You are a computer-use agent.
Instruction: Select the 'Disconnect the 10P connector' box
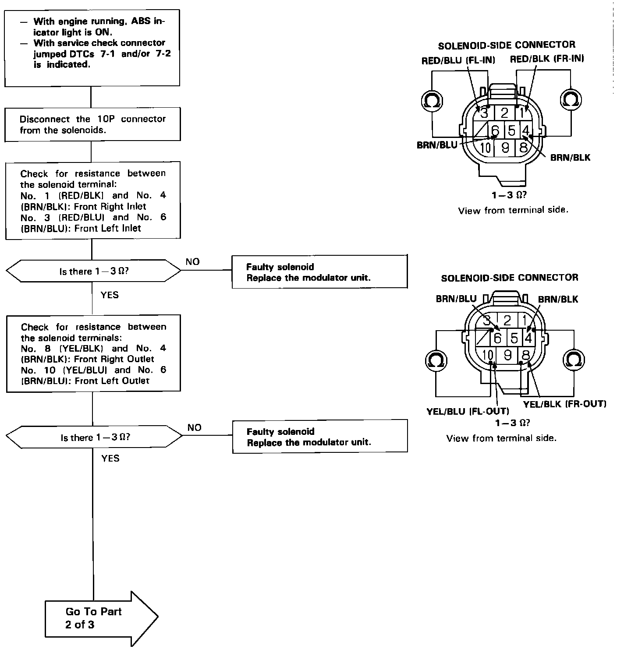[92, 124]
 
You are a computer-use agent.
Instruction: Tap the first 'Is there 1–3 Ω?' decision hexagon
[93, 272]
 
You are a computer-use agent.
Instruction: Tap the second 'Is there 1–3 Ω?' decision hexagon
[94, 437]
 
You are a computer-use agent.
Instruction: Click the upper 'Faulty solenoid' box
[319, 272]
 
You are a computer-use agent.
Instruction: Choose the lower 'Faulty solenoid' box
[319, 437]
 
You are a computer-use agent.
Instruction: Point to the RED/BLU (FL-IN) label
[458, 60]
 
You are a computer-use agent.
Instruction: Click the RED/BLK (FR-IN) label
[546, 59]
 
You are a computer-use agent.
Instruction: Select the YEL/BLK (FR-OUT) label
[564, 404]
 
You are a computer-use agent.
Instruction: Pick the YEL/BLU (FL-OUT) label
[468, 412]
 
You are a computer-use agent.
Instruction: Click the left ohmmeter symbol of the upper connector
[432, 101]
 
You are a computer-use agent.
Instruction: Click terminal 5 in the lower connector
[514, 338]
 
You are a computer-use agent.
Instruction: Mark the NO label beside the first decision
[192, 262]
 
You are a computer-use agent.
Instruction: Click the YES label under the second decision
[110, 459]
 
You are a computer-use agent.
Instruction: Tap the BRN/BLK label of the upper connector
[570, 158]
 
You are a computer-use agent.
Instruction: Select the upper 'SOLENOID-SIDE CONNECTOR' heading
[507, 45]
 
